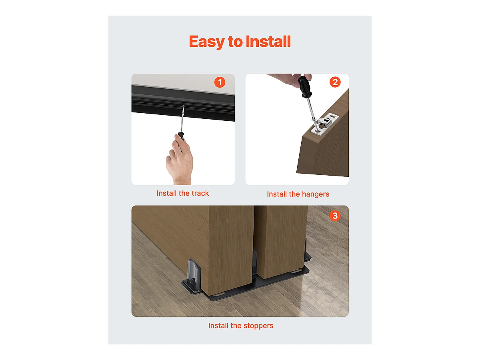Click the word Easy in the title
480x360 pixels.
tap(207, 42)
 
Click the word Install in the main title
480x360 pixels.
tap(268, 41)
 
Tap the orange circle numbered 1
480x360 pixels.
tap(220, 82)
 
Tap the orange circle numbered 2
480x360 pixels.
tap(335, 82)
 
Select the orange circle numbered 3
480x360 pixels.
tap(335, 216)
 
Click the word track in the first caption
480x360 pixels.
tap(200, 193)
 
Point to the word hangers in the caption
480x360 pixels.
tap(315, 194)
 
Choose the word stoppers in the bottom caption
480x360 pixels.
tap(258, 326)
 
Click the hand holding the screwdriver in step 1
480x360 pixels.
tap(180, 160)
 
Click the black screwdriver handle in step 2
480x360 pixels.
tap(305, 86)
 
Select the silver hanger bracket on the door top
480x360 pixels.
tap(325, 124)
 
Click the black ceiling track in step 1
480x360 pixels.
tap(183, 103)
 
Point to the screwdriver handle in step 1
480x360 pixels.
tap(181, 136)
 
